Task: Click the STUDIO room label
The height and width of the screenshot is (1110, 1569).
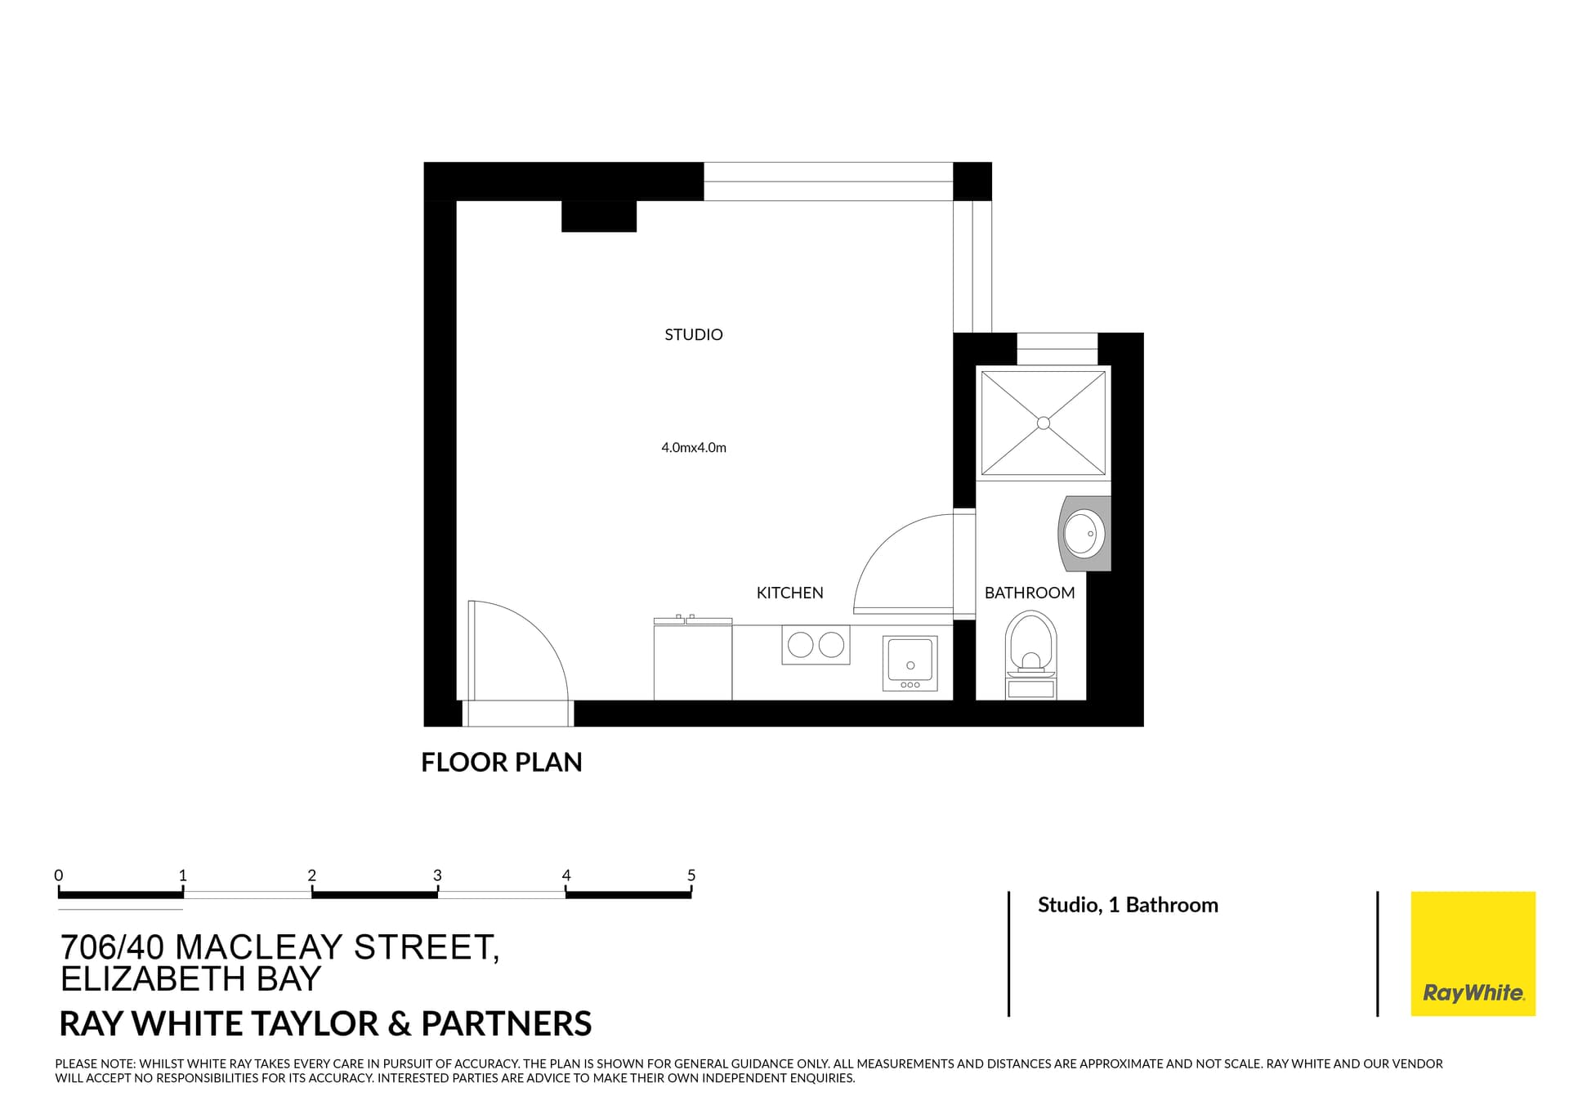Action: (693, 334)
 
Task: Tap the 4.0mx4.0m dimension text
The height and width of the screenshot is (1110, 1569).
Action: (693, 447)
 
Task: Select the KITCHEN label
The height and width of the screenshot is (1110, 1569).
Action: (789, 593)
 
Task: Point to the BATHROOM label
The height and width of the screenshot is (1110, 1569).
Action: (1029, 593)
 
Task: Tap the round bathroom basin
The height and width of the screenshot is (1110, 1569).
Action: (1084, 534)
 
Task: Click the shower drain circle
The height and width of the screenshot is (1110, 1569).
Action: (1043, 423)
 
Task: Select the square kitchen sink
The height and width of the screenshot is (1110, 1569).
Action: (910, 660)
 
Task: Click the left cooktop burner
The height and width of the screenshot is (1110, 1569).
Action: (800, 645)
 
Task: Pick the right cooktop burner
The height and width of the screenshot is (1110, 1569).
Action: (831, 645)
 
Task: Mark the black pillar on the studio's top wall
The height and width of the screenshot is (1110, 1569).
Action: (598, 216)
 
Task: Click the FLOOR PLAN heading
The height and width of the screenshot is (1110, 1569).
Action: (501, 762)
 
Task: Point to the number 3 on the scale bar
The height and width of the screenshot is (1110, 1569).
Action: (437, 875)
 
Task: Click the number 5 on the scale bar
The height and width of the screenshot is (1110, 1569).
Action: (691, 875)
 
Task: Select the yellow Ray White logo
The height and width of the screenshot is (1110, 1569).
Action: (1473, 953)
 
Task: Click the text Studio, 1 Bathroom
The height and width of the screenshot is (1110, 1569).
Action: (1127, 905)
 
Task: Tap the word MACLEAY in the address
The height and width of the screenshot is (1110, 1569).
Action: (258, 947)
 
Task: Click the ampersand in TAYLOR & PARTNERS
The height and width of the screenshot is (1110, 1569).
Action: (400, 1023)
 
